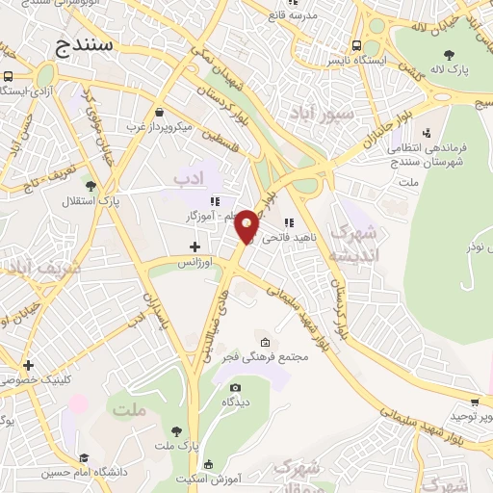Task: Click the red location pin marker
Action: click(x=247, y=225)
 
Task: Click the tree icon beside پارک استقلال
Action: click(x=91, y=187)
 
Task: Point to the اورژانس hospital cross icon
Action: click(x=195, y=247)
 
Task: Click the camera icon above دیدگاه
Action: click(x=235, y=388)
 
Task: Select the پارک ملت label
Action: click(x=174, y=447)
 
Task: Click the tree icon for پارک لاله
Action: click(x=451, y=54)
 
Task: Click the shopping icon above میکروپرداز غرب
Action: click(x=159, y=113)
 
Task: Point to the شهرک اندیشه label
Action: click(x=350, y=243)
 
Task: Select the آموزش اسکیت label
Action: click(x=215, y=477)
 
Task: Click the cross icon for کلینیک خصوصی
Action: click(x=29, y=365)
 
